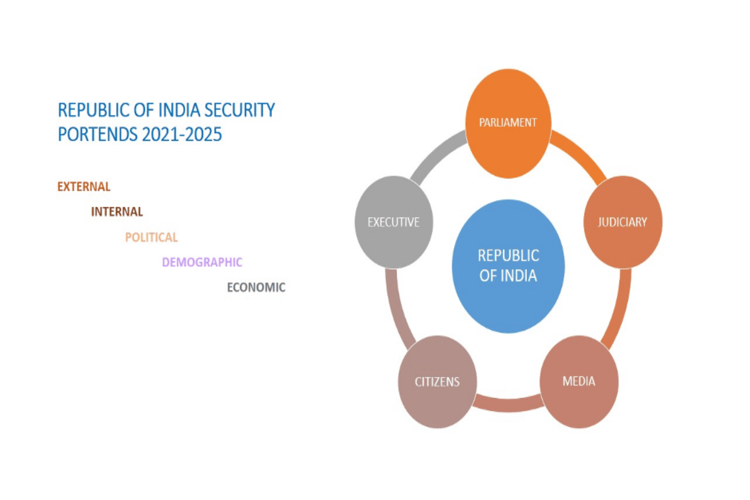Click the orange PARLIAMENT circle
coord(508,123)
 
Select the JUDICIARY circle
coord(622,222)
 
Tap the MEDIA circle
coord(579,381)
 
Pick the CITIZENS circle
coord(437,381)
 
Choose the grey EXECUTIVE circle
coord(393,222)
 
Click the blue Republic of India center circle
coord(508,266)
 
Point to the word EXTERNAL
coord(84,186)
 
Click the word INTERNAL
coord(117,212)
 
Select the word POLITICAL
coord(151,237)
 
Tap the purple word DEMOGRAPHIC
coord(202,262)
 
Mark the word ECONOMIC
coord(256,287)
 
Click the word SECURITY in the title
coord(241,110)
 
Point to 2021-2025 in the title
coord(185,134)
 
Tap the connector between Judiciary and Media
coord(619,306)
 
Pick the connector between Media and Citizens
coord(507,405)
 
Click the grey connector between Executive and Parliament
coord(437,156)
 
